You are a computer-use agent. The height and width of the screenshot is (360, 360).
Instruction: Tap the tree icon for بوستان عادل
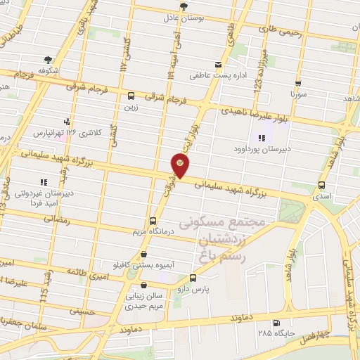point(184,6)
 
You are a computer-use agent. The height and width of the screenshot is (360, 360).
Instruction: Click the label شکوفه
point(48,70)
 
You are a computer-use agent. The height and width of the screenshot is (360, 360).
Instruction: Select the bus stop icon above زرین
point(131,96)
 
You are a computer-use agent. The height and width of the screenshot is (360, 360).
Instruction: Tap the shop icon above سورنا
point(298,83)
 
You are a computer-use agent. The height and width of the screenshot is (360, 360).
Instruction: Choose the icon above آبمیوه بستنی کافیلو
point(145,255)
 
